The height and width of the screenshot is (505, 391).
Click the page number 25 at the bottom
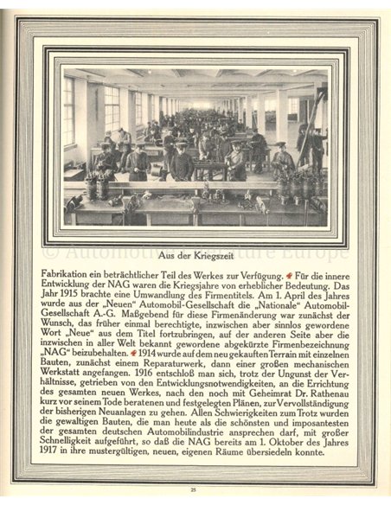point(195,489)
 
